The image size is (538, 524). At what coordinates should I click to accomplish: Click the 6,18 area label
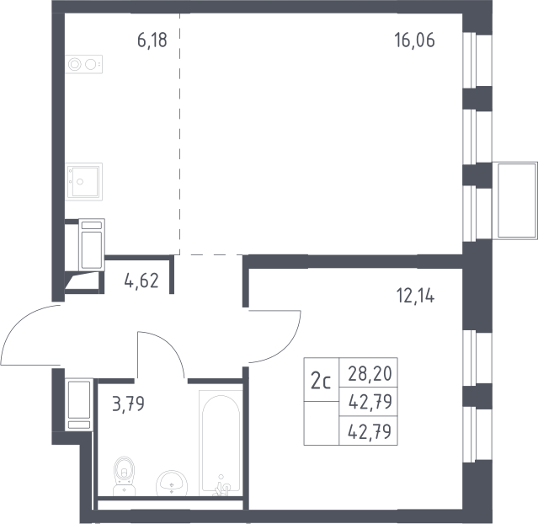pyautogui.click(x=152, y=40)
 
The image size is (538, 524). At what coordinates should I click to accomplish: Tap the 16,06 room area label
pyautogui.click(x=414, y=40)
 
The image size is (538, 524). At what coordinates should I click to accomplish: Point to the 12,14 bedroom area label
pyautogui.click(x=416, y=296)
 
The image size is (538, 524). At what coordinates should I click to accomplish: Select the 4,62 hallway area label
pyautogui.click(x=141, y=281)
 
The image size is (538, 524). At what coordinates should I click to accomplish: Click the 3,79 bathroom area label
pyautogui.click(x=128, y=404)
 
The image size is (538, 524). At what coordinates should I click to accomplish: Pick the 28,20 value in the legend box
pyautogui.click(x=370, y=373)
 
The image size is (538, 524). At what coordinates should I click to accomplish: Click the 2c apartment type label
pyautogui.click(x=321, y=382)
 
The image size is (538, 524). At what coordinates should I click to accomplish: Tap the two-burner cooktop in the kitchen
pyautogui.click(x=83, y=64)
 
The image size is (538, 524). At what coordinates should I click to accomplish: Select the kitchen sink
pyautogui.click(x=83, y=182)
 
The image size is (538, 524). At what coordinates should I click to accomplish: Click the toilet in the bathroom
pyautogui.click(x=125, y=476)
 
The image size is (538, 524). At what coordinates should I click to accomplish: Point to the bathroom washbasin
pyautogui.click(x=172, y=483)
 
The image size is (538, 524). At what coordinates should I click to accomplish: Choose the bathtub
pyautogui.click(x=221, y=443)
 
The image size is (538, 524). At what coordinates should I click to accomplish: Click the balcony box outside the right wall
pyautogui.click(x=514, y=201)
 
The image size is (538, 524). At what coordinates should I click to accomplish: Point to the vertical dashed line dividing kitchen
pyautogui.click(x=179, y=134)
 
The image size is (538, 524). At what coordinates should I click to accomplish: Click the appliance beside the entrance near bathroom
pyautogui.click(x=79, y=404)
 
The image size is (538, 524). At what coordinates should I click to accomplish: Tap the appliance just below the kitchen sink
pyautogui.click(x=92, y=244)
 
